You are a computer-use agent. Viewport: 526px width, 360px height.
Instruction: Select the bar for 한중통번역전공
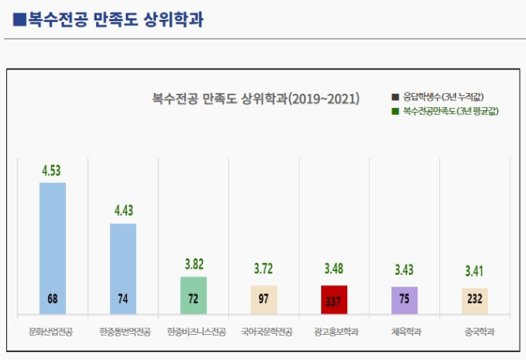coord(123,268)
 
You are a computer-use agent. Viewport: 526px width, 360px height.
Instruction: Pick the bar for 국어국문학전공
coord(264,299)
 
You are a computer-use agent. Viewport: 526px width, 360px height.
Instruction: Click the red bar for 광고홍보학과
coord(334,299)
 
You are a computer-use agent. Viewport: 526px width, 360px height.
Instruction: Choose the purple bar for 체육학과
coord(405,300)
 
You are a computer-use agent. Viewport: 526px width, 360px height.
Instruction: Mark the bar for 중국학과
coord(475,301)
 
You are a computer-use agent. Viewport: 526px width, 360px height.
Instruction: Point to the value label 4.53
coord(53,169)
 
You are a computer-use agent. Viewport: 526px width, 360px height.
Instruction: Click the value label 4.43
coord(124,210)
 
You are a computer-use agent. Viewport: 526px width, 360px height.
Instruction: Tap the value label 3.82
coord(193,264)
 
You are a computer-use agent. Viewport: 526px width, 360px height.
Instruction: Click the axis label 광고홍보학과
coord(334,332)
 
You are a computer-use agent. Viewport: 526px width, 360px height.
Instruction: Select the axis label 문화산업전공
coord(53,332)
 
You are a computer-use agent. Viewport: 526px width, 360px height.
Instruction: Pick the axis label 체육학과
coord(405,332)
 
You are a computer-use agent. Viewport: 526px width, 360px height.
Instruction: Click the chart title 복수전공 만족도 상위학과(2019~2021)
coord(256,99)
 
